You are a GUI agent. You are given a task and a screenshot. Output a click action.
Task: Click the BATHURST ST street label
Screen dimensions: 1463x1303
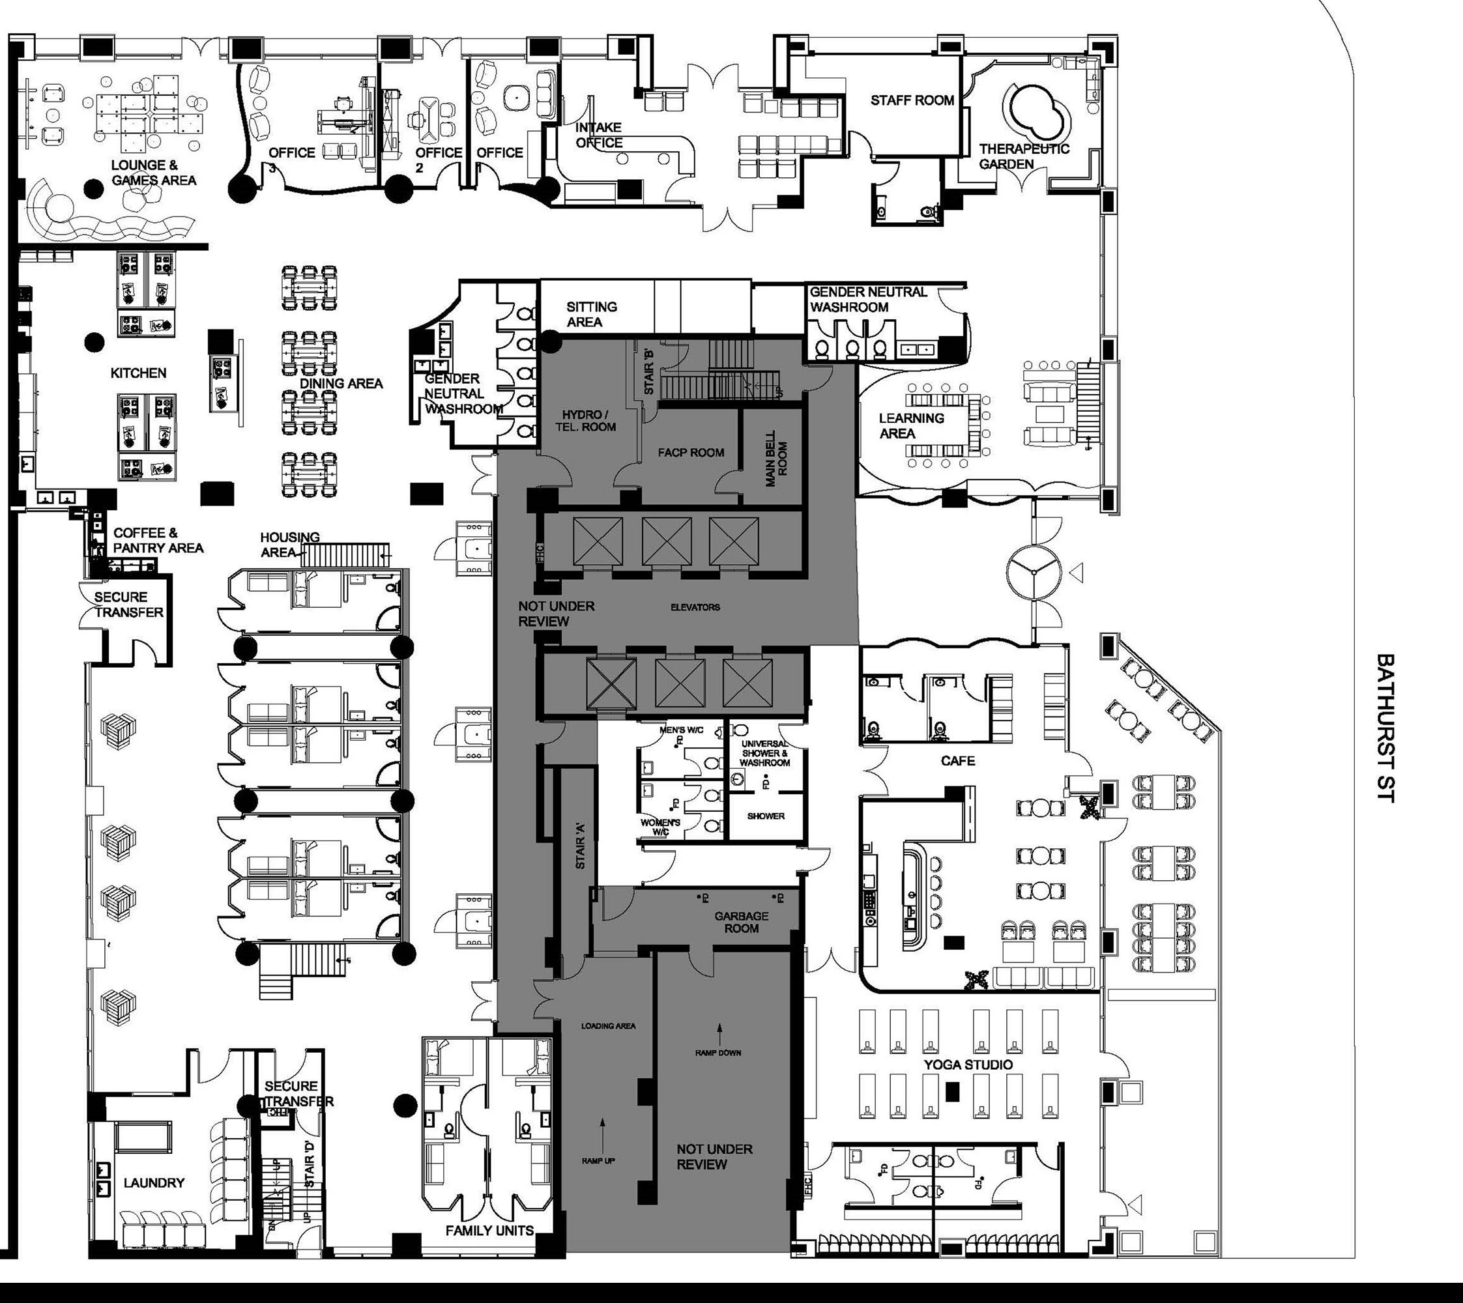click(x=1385, y=726)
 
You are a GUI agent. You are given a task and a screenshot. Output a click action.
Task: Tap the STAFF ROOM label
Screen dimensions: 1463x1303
click(x=912, y=100)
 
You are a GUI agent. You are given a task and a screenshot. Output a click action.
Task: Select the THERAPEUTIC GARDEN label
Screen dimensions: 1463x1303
click(x=1023, y=156)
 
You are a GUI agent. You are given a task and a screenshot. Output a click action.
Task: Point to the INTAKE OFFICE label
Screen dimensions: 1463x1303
click(x=599, y=135)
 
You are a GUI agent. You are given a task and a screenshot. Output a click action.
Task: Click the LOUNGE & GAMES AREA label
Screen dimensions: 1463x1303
click(x=153, y=173)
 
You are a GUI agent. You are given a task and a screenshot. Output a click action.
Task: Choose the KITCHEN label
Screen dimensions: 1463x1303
click(x=138, y=373)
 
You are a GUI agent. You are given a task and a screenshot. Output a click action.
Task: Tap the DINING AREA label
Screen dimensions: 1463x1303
click(x=341, y=383)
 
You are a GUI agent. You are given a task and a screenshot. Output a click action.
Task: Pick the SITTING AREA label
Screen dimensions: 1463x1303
click(x=591, y=314)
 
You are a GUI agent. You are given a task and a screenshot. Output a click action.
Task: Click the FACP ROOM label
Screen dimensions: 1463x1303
click(x=691, y=453)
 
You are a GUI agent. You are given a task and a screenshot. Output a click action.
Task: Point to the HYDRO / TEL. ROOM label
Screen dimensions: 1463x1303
click(x=585, y=421)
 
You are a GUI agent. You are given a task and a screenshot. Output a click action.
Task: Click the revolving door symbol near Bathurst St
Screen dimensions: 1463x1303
click(x=1032, y=572)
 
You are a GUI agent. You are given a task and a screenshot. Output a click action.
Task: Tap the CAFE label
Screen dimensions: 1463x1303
click(x=957, y=760)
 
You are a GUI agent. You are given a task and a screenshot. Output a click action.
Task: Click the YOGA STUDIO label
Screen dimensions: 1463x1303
click(x=968, y=1065)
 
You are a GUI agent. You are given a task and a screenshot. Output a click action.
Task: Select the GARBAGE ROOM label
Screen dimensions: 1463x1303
click(x=741, y=922)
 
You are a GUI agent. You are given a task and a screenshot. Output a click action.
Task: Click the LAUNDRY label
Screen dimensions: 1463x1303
click(x=154, y=1182)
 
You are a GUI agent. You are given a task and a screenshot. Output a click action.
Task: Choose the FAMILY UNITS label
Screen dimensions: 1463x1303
click(x=490, y=1230)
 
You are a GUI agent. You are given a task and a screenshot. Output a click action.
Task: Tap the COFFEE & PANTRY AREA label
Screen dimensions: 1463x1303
click(x=158, y=541)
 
